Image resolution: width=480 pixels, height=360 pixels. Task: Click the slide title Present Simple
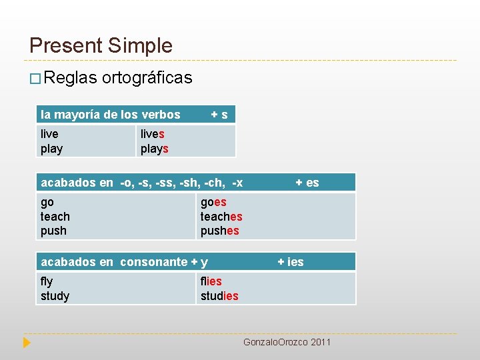click(x=101, y=45)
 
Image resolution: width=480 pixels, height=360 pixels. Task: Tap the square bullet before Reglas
click(x=35, y=79)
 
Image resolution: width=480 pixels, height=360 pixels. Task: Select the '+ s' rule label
click(x=219, y=115)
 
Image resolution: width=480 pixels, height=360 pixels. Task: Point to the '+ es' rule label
click(x=307, y=183)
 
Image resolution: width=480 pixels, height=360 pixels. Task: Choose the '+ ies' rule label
click(x=291, y=262)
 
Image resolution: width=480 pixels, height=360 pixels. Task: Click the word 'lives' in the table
click(x=152, y=134)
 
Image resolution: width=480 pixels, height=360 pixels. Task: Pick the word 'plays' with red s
click(x=154, y=149)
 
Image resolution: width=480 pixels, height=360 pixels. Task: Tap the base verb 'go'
click(x=47, y=202)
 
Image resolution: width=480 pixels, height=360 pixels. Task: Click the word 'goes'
click(x=213, y=202)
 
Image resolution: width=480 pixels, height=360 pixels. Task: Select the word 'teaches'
click(x=221, y=217)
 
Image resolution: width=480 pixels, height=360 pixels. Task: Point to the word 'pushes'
click(x=219, y=231)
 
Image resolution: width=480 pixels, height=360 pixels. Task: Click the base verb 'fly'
click(x=47, y=281)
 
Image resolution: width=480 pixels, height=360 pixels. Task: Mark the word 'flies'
click(x=211, y=281)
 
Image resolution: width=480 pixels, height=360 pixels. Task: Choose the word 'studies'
click(x=219, y=296)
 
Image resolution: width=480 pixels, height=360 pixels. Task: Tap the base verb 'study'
click(x=55, y=296)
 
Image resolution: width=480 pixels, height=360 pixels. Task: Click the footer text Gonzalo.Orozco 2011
click(x=287, y=342)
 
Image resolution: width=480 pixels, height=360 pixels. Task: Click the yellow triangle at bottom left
click(x=26, y=343)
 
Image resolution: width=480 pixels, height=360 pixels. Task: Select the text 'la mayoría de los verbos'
click(x=111, y=115)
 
